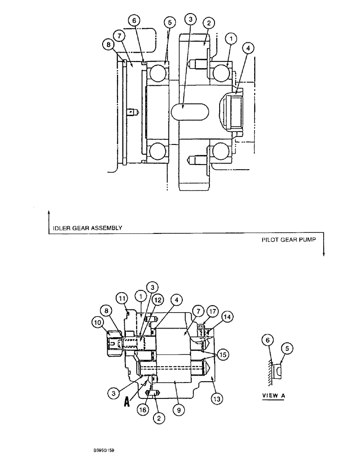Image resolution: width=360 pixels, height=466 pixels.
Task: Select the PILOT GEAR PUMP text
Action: [x=290, y=240]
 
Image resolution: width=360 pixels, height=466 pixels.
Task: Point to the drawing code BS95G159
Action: [x=104, y=451]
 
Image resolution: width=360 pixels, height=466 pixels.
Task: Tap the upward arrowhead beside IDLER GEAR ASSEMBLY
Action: [x=49, y=212]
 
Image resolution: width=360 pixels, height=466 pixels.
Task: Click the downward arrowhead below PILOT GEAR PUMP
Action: [x=323, y=254]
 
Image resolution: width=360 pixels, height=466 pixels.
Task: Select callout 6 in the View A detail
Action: [x=267, y=341]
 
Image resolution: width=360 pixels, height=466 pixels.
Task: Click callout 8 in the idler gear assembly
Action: [x=109, y=44]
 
